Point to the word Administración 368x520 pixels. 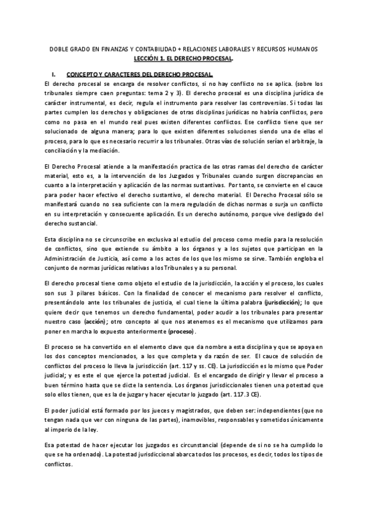[67, 258]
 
